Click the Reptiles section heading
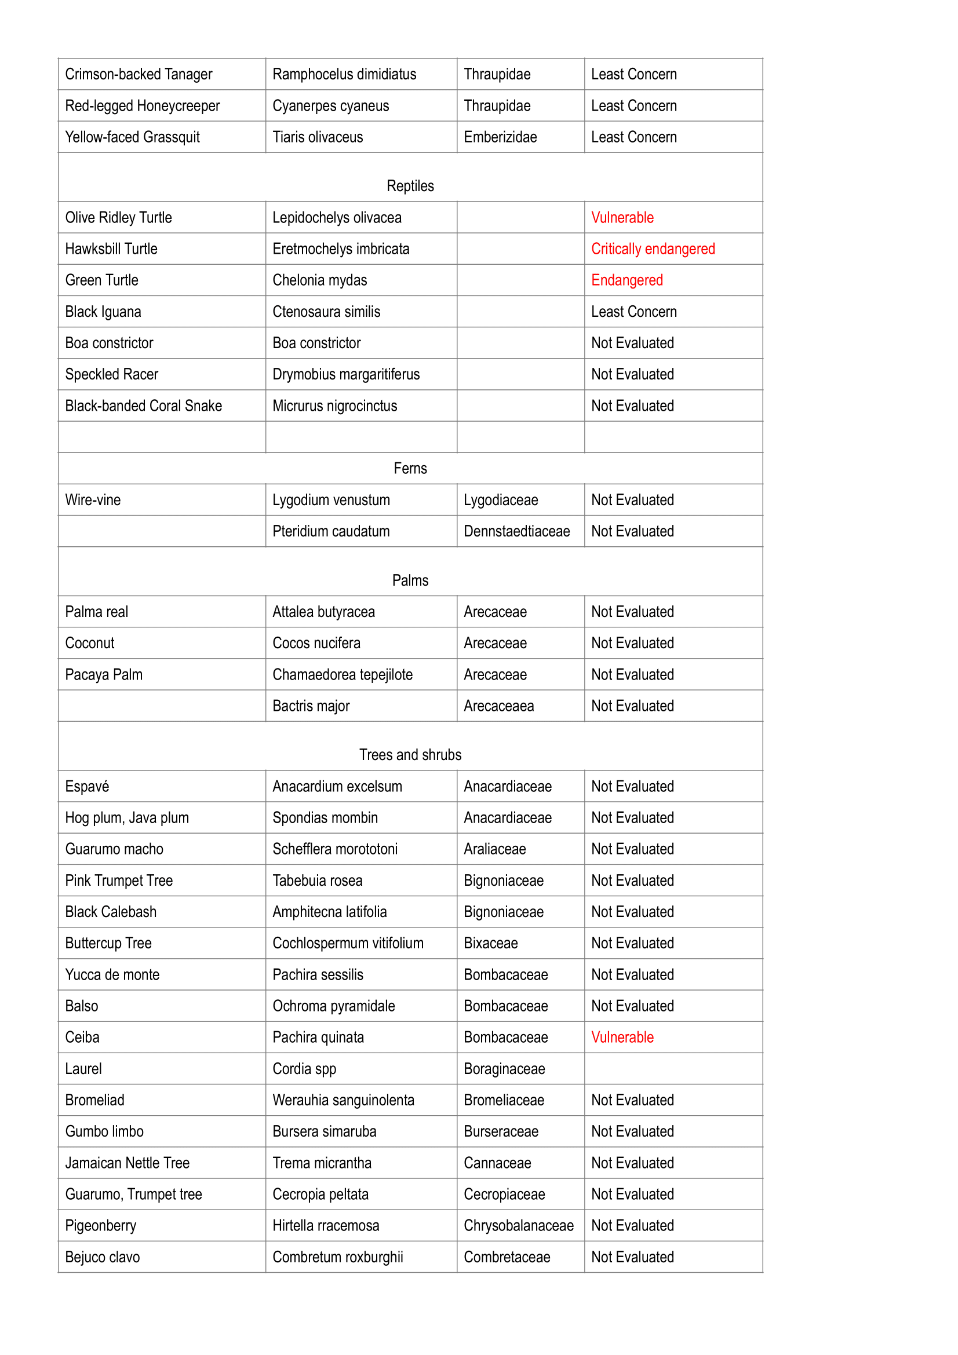pos(410,186)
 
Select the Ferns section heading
pos(410,468)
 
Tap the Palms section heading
pos(410,580)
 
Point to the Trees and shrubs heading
pos(410,754)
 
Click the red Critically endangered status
pos(652,249)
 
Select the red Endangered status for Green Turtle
pos(626,280)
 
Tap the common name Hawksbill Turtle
pos(111,249)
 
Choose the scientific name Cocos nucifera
pos(316,642)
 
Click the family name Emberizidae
pos(500,137)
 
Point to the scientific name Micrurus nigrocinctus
pos(334,406)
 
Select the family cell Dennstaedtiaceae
pos(516,531)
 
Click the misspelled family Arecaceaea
pos(498,706)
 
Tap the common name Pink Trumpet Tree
pos(119,880)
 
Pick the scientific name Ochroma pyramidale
pos(333,1006)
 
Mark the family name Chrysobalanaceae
pos(518,1225)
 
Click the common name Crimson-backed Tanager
pos(138,74)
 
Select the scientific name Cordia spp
pos(304,1068)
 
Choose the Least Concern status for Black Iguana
pos(633,311)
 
